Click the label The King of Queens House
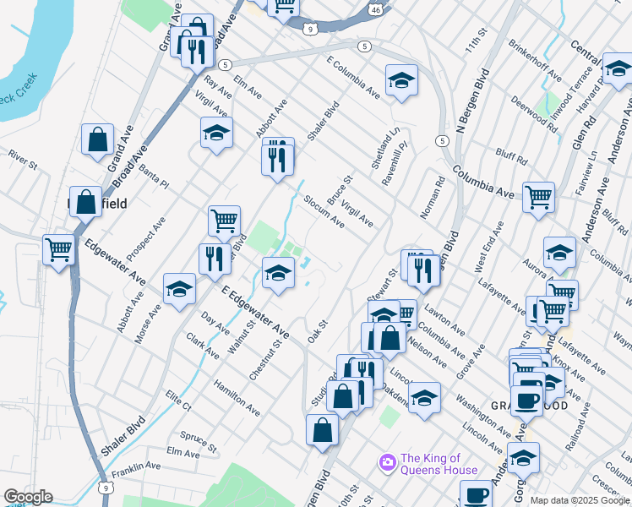click(439, 464)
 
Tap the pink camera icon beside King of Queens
click(388, 462)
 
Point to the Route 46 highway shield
click(375, 8)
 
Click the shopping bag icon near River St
click(97, 139)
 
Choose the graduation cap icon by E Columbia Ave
click(401, 80)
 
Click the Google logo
click(28, 497)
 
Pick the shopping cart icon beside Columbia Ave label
click(538, 198)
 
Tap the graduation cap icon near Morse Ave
click(179, 289)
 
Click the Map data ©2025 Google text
click(579, 500)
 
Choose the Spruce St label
click(199, 441)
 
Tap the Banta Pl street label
click(155, 177)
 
